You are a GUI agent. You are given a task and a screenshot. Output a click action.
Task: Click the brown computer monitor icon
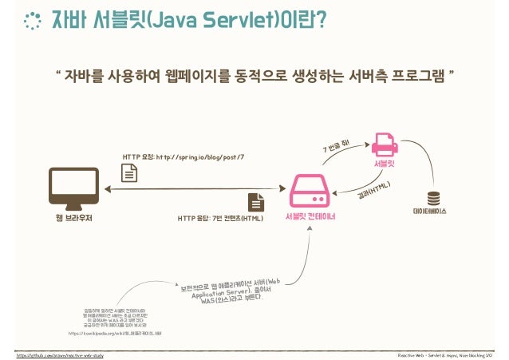pyautogui.click(x=74, y=186)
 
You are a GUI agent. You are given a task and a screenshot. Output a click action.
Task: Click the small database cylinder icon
pyautogui.click(x=433, y=197)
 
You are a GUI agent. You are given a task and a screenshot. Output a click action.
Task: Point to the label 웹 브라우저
pyautogui.click(x=74, y=216)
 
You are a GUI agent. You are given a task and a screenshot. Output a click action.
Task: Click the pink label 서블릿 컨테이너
pyautogui.click(x=309, y=216)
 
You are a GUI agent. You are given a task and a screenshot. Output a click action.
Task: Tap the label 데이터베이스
pyautogui.click(x=433, y=212)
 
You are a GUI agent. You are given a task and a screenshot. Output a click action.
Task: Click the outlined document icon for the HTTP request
pyautogui.click(x=128, y=172)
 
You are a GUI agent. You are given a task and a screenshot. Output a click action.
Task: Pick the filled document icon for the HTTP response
pyautogui.click(x=256, y=201)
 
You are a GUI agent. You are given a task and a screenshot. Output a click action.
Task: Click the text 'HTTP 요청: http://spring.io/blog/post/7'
pyautogui.click(x=183, y=156)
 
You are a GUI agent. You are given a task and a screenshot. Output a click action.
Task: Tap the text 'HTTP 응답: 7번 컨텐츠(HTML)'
pyautogui.click(x=219, y=217)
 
